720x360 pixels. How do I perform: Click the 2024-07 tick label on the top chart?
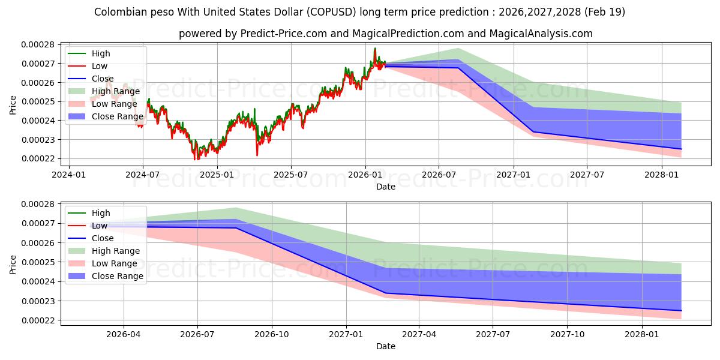(x=143, y=175)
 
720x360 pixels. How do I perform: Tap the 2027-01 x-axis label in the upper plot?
(x=514, y=175)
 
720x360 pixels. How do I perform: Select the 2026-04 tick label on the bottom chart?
(x=124, y=334)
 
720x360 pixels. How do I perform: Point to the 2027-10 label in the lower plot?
(x=568, y=334)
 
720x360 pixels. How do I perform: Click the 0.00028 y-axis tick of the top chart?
(x=38, y=44)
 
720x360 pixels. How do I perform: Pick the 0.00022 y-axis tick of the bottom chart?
(x=38, y=320)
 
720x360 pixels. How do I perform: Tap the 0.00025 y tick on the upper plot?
(x=38, y=101)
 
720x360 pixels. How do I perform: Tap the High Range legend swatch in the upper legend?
(x=77, y=91)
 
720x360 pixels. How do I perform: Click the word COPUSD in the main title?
(x=331, y=12)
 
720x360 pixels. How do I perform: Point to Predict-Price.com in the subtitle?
(x=283, y=34)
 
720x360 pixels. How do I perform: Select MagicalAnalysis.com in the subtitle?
(x=541, y=34)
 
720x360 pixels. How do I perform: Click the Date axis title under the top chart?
(x=386, y=187)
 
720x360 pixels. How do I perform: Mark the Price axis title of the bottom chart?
(x=13, y=265)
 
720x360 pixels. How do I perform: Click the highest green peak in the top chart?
(x=375, y=48)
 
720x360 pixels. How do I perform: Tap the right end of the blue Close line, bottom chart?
(x=681, y=311)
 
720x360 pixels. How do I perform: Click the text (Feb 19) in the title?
(x=605, y=12)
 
